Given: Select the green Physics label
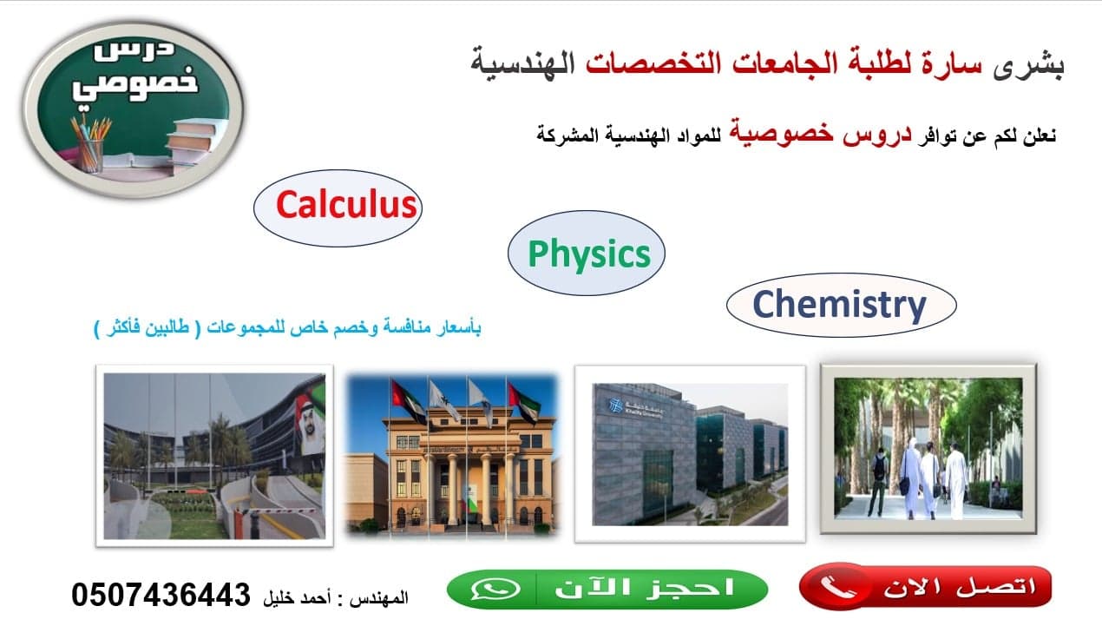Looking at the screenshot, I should click(588, 254).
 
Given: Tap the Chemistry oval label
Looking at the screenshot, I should click(839, 305).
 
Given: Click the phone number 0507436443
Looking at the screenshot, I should click(161, 595).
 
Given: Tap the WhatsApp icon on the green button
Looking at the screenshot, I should click(495, 589).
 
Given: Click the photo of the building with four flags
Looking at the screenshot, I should click(451, 454).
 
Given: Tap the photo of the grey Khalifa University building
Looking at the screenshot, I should click(690, 453).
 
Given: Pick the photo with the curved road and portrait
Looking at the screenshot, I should click(213, 455).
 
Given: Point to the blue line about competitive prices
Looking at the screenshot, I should click(287, 328).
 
